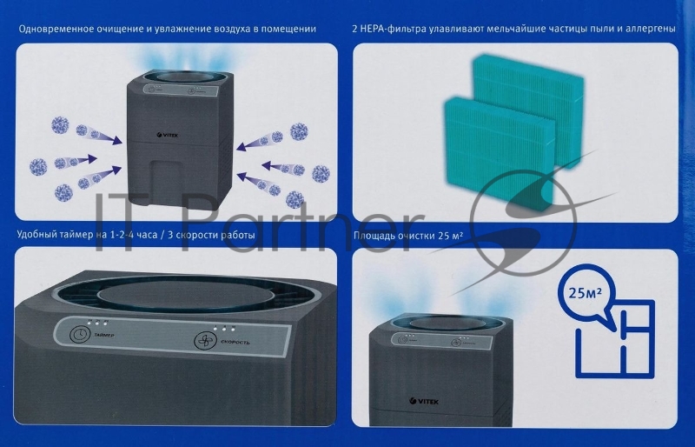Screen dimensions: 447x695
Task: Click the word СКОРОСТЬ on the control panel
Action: click(x=235, y=342)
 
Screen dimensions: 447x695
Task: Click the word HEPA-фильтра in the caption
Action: click(x=400, y=29)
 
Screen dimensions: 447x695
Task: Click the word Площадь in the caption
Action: click(x=377, y=236)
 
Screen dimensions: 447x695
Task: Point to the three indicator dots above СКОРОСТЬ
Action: click(x=224, y=329)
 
